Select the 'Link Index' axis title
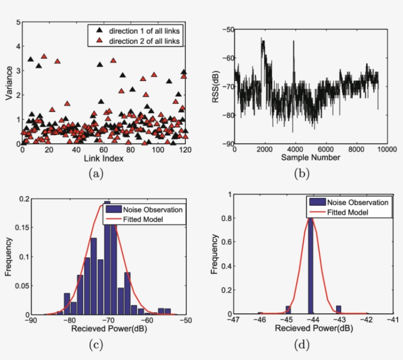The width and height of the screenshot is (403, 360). point(103,159)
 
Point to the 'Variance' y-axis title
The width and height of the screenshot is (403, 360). point(9,83)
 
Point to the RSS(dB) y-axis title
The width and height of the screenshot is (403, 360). point(215,87)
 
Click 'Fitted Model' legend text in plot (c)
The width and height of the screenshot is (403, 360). point(146,219)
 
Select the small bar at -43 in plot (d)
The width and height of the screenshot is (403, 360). point(338,309)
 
